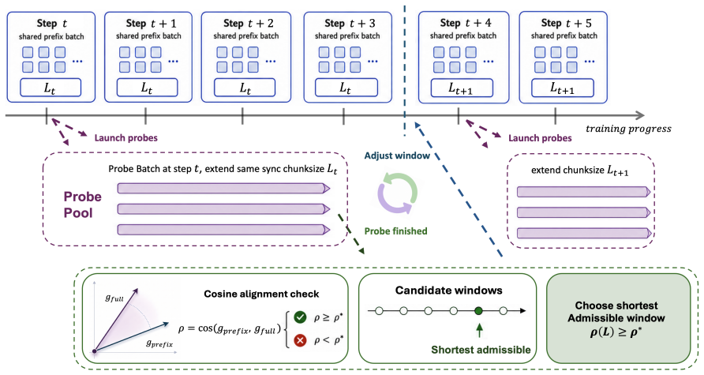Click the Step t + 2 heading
coord(249,23)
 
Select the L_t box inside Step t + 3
coord(346,88)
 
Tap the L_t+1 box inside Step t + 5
coord(563,88)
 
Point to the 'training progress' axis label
coord(628,129)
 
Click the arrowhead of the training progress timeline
coord(641,115)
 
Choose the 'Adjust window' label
coord(397,156)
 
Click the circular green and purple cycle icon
coord(397,193)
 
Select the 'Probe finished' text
coord(395,231)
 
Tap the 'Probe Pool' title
coord(82,204)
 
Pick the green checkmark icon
coord(300,317)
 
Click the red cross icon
coord(300,340)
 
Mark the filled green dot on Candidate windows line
coord(478,310)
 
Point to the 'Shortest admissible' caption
coord(481,350)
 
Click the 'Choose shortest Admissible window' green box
coord(618,318)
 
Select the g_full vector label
coord(114,298)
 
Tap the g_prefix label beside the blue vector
coord(159,343)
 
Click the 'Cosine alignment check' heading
coord(261,294)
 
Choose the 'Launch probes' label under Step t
coord(125,138)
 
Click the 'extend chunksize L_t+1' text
coord(579,171)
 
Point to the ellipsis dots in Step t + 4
coord(488,61)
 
